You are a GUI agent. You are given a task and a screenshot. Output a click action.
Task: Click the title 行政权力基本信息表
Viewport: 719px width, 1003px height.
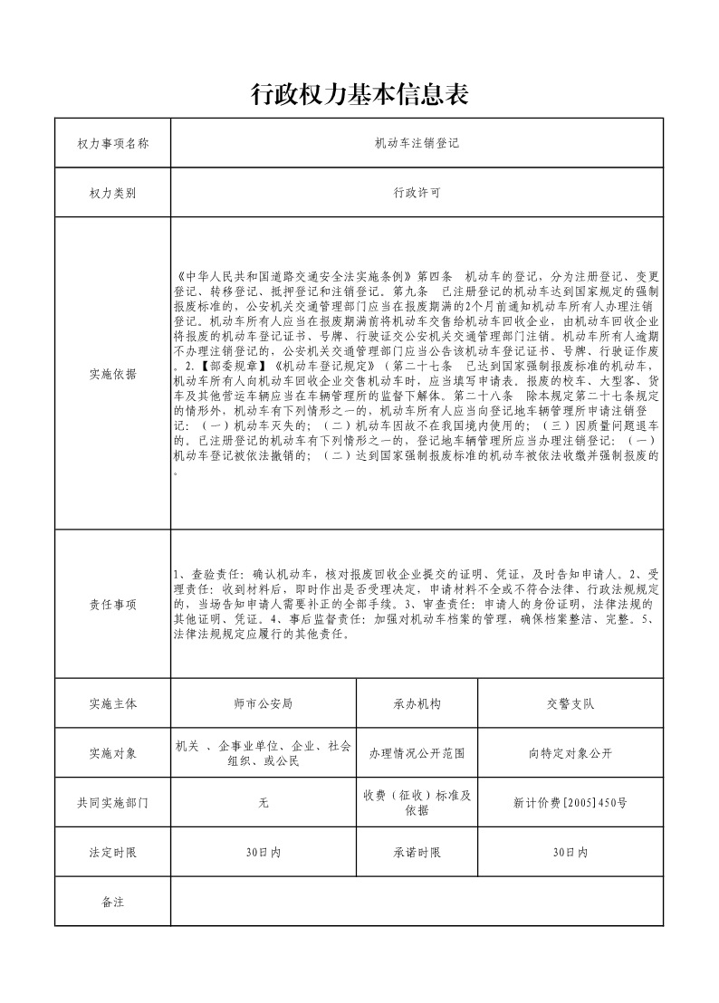[359, 94]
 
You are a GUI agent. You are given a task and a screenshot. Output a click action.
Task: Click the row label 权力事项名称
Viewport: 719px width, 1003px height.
[112, 143]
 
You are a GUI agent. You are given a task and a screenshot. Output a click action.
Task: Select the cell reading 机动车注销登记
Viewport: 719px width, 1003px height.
[417, 143]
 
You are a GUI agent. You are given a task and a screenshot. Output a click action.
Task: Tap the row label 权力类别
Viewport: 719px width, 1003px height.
[112, 193]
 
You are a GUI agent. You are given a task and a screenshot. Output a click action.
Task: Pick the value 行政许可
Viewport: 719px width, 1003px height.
[417, 193]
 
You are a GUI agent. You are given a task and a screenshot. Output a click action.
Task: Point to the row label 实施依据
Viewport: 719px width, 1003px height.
[112, 374]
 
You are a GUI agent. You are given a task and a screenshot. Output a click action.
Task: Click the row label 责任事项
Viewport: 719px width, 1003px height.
[112, 605]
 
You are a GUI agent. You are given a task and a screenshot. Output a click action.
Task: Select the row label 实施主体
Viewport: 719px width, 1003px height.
[112, 702]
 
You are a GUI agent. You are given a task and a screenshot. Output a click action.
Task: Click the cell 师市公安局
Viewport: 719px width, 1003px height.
[264, 702]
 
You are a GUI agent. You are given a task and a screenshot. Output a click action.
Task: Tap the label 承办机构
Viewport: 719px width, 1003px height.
[417, 702]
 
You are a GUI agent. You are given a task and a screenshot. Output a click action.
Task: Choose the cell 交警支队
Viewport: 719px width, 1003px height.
[570, 702]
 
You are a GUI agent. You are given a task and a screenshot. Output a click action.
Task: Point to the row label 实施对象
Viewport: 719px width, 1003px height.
[112, 753]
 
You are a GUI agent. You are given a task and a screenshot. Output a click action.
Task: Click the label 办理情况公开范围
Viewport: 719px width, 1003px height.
[417, 753]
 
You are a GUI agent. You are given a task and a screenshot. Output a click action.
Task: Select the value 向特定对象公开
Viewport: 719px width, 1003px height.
[570, 753]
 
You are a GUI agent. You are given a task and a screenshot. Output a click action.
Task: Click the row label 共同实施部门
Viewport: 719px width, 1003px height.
[112, 803]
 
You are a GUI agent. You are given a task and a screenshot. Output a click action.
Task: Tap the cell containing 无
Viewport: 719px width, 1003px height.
[264, 803]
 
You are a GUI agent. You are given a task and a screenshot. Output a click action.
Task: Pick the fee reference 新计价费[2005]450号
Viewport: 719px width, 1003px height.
[570, 803]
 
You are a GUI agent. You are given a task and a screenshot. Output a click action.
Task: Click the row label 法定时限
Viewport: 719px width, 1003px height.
[112, 853]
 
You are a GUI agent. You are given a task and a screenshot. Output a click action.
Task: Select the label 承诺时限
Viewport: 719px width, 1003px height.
[417, 853]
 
